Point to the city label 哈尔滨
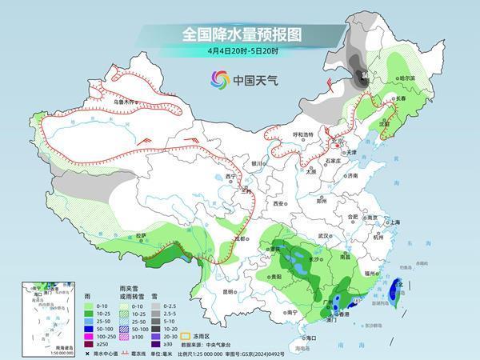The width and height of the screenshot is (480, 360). coord(407,78)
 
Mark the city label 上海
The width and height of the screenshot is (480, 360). coord(394,222)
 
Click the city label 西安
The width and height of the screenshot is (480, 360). coord(279,204)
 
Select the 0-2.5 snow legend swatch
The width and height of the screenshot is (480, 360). coord(156,306)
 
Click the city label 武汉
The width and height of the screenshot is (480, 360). coord(324,236)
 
